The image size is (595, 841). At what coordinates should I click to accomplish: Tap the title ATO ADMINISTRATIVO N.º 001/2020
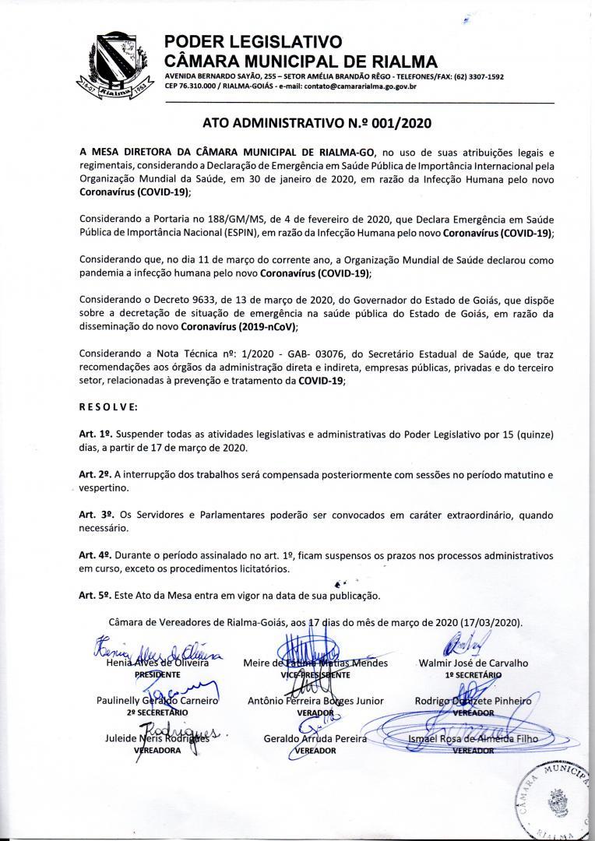click(316, 123)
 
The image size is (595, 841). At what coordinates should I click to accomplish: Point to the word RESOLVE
click(108, 406)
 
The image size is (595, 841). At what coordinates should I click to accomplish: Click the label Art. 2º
click(93, 474)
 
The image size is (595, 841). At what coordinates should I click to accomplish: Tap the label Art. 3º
click(93, 516)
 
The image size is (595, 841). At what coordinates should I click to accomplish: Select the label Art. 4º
click(93, 556)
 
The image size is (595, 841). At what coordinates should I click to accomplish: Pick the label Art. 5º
click(93, 596)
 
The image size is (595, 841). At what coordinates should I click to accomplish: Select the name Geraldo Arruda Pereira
click(315, 738)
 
